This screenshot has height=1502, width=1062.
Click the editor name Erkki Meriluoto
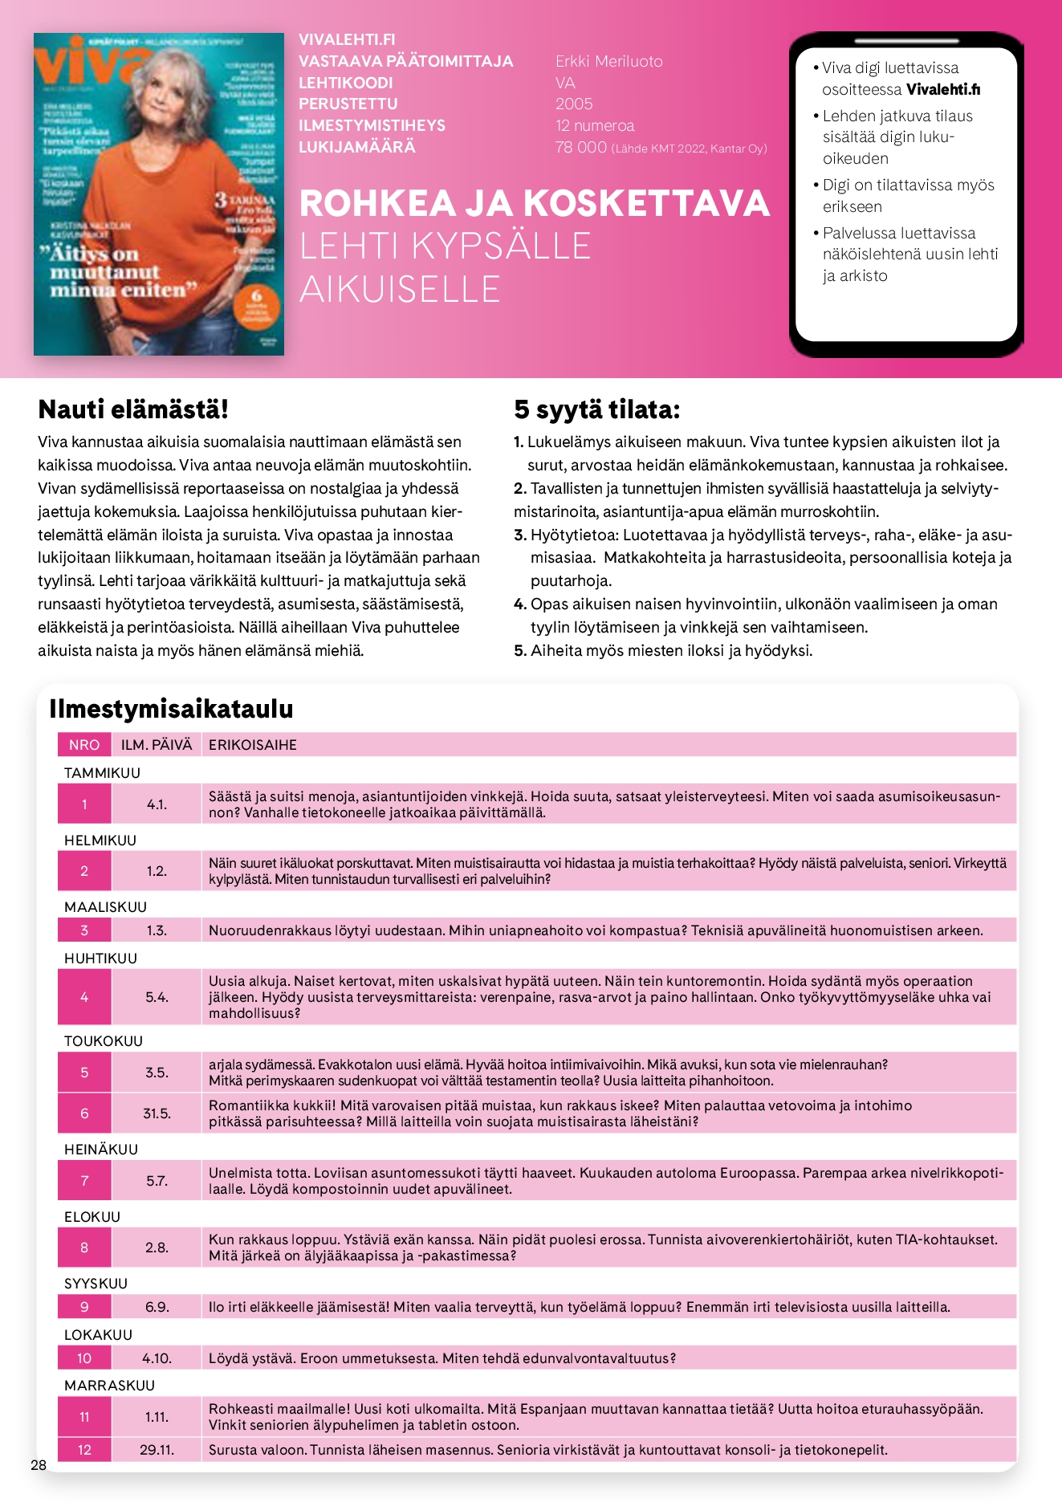tap(608, 62)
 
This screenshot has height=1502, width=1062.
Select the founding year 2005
tap(574, 104)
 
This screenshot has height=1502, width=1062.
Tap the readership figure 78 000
tap(580, 148)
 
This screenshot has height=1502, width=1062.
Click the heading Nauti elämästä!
tap(133, 409)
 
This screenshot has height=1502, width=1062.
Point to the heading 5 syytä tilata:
tap(596, 410)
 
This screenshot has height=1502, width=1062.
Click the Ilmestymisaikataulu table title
tap(171, 709)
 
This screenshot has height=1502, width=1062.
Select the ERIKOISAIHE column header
tap(252, 745)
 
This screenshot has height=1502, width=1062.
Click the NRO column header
tap(84, 745)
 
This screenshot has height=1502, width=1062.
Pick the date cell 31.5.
tap(157, 1113)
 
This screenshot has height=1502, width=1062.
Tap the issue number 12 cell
tap(84, 1450)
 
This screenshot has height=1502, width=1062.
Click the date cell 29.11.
tap(157, 1450)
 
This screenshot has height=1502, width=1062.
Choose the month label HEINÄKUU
tap(101, 1150)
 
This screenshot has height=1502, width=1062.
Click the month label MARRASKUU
tap(109, 1386)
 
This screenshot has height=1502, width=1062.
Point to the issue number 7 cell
tap(84, 1181)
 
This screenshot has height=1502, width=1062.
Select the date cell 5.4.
tap(157, 997)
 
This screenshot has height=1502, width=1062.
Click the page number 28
tap(39, 1465)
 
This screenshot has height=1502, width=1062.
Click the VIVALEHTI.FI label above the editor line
tap(347, 40)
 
